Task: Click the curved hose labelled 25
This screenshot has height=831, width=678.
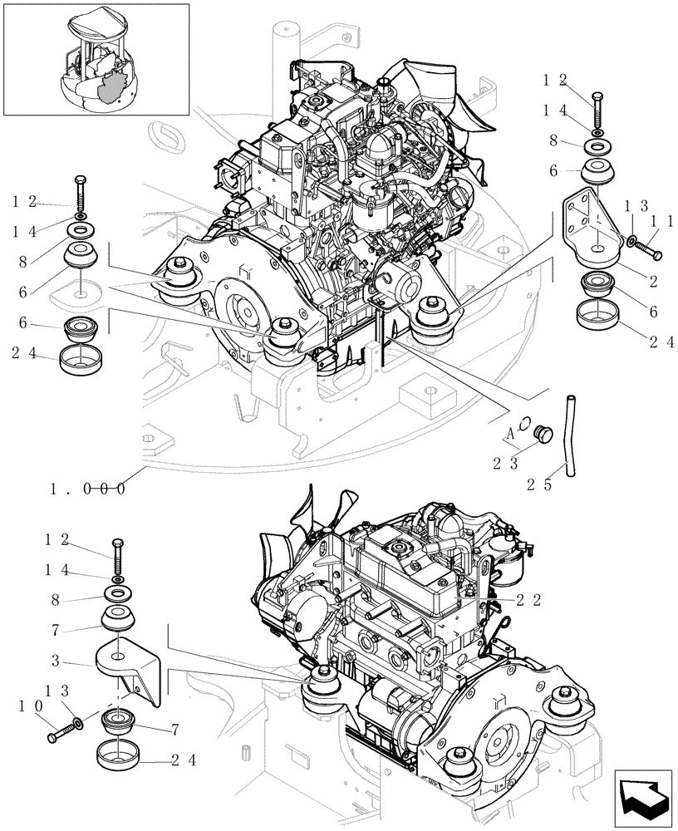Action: point(569,435)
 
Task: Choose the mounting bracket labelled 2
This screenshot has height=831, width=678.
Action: point(594,226)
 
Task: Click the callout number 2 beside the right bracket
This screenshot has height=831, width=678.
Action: point(654,283)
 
